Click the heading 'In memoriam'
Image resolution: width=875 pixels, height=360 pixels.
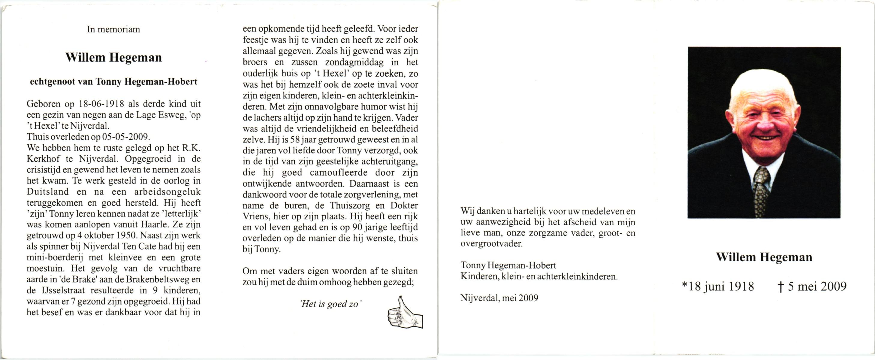pos(113,29)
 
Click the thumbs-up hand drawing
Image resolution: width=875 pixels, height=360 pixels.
pos(405,313)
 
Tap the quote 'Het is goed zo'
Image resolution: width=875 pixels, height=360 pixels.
pos(330,304)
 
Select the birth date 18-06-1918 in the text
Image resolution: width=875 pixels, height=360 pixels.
pos(101,104)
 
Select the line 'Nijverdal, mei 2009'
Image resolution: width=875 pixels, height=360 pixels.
pos(499,298)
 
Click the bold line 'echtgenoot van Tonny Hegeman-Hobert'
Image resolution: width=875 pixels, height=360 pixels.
pos(113,82)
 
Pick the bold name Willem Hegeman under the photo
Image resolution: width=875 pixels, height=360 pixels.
pos(764,257)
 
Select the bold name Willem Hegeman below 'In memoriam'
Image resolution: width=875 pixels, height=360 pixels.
pos(113,57)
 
